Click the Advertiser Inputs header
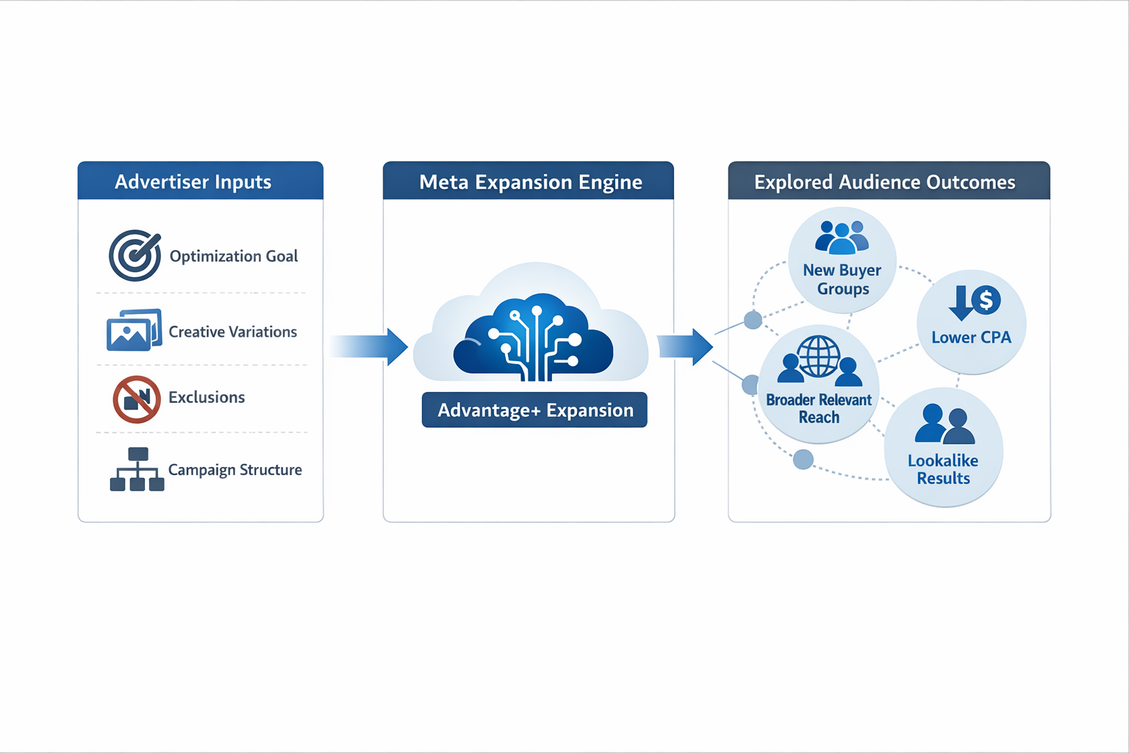193,182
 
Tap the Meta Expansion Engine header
530,182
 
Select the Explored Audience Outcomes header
884,182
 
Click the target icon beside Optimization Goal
135,256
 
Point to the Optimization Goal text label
234,256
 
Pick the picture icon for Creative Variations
134,331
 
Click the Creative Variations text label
233,332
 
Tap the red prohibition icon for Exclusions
137,399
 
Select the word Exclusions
207,397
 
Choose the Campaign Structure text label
235,470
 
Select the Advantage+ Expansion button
534,410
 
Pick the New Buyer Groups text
842,279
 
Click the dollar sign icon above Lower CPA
986,300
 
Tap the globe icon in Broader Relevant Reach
819,357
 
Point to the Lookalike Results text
943,469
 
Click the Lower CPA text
971,338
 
